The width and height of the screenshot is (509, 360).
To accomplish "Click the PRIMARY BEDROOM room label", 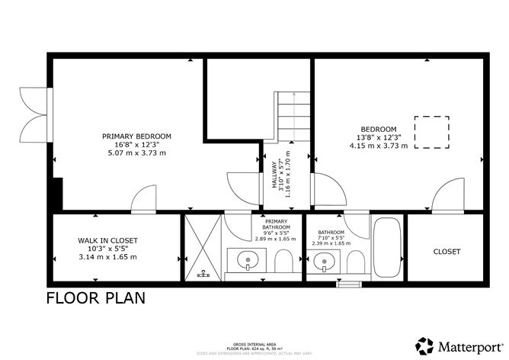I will click(136, 136).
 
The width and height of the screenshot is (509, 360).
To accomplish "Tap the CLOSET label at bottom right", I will click(447, 251).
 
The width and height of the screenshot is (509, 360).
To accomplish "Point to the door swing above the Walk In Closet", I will click(143, 199).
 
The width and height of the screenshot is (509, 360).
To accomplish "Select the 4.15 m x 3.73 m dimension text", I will click(379, 145).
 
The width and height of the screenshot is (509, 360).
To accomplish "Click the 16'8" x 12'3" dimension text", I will click(136, 144).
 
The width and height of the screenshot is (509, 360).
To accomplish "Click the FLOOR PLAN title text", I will click(95, 297).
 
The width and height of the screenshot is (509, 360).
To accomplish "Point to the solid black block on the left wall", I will click(56, 194).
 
